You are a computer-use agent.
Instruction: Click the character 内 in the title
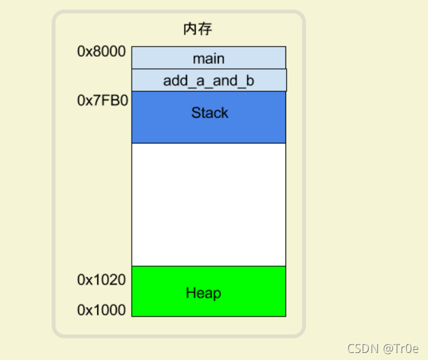(190, 29)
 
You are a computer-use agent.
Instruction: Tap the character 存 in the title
(204, 29)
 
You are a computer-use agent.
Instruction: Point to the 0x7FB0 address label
(102, 101)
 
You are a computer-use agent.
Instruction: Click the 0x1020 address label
(102, 280)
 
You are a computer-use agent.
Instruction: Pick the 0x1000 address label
(102, 310)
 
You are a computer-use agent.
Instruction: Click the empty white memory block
(208, 204)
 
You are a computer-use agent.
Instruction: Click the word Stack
(210, 113)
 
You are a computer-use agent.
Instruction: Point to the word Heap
(203, 293)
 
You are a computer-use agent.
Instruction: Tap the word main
(209, 59)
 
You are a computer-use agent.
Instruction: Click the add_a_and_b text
(209, 82)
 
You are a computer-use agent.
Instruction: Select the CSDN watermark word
(363, 349)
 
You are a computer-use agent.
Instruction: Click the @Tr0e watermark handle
(401, 349)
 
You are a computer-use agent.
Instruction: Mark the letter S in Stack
(195, 113)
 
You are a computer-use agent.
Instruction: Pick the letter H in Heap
(190, 293)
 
